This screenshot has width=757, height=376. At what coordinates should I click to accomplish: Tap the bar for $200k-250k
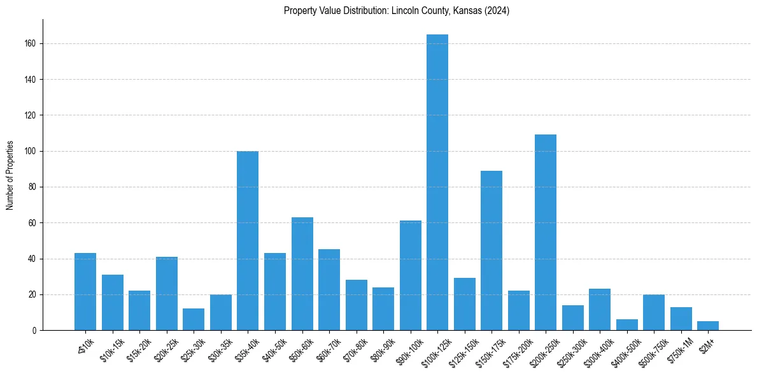pos(546,233)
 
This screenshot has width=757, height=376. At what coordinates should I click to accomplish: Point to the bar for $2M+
pos(708,326)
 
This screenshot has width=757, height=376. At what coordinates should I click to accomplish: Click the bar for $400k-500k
pos(627,325)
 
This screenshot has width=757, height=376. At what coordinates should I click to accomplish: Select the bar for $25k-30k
pos(194,319)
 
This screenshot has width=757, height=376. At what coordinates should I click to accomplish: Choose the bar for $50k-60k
pos(302,274)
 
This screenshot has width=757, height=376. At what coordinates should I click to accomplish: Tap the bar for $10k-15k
pos(113,303)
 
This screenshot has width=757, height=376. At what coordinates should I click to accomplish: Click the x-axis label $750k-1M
pos(679,350)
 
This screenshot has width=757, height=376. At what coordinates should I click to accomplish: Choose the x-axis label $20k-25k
pos(164,350)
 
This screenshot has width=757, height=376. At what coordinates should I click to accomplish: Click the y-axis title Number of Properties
pos(10,175)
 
